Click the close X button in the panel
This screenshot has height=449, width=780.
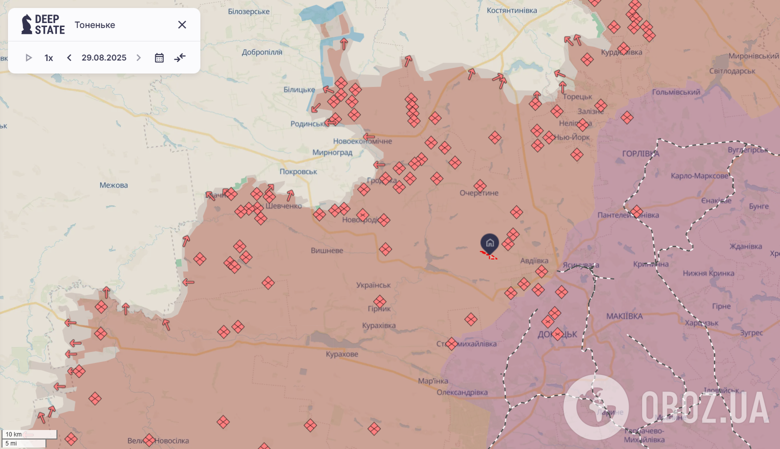coord(182,25)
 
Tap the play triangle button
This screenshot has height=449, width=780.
coord(28,58)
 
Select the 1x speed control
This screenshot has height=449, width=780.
coord(48,58)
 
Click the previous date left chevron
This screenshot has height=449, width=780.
coord(69,58)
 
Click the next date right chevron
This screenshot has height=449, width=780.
coord(138,58)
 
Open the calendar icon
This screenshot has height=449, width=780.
coord(159,58)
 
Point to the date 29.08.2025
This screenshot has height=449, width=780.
coord(104,58)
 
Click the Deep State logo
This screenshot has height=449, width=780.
coord(43,24)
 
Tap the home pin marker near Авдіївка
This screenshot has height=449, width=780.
coord(490,243)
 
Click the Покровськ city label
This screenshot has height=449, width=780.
coord(298,171)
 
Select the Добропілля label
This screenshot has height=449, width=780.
coord(262,52)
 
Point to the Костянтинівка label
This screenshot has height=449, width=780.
coord(512,10)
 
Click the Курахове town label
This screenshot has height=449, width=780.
coord(342,354)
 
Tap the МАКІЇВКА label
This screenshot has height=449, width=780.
coord(624,316)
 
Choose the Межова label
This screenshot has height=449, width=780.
coord(113,185)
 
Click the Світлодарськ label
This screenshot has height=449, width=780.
coord(732,71)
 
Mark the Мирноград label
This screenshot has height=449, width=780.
coord(332,152)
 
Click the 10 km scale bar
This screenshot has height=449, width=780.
coord(29,434)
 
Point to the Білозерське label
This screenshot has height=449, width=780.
coord(249,11)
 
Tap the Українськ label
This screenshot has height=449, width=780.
coord(373,285)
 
